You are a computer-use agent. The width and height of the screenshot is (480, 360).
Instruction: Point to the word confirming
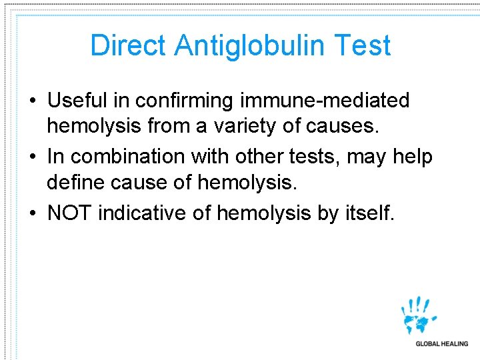pos(188,101)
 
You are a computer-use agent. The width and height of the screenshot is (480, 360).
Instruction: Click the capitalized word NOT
pos(70,213)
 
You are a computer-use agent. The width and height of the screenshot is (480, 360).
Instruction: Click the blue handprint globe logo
pos(419,315)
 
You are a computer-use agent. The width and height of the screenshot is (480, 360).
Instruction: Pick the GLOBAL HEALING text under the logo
pos(442,344)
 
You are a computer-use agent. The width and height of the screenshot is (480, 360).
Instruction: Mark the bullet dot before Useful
pos(33,101)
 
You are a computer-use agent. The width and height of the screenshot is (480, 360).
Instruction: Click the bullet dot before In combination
pos(33,157)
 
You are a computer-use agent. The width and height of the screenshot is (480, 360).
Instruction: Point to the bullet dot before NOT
pos(33,214)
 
